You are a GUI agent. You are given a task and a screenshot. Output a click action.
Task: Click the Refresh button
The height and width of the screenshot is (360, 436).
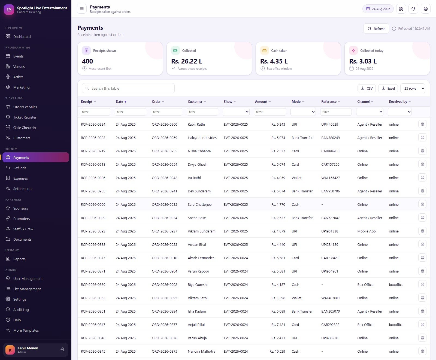click(x=376, y=29)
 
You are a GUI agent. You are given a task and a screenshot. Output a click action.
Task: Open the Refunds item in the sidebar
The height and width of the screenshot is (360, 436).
click(x=20, y=168)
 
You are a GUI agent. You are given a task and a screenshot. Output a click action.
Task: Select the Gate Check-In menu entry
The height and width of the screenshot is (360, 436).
click(x=25, y=128)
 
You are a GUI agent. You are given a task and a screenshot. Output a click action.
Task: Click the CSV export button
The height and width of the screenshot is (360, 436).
click(x=367, y=88)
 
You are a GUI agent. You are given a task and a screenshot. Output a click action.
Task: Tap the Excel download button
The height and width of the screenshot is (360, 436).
click(x=388, y=88)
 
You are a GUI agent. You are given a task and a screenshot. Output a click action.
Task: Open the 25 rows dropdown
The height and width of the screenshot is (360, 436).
click(x=413, y=88)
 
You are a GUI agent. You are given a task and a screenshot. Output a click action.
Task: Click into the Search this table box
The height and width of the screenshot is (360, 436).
click(x=128, y=88)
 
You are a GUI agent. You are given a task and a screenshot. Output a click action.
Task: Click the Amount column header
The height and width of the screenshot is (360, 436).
click(x=261, y=102)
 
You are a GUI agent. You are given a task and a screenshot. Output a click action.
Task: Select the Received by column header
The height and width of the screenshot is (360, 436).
click(x=398, y=102)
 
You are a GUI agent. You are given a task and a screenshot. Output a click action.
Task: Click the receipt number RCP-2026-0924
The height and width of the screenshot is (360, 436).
click(x=93, y=124)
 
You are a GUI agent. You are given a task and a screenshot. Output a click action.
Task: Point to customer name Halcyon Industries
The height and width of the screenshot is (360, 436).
click(x=202, y=138)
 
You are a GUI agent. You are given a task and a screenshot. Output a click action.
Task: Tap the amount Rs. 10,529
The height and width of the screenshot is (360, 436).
click(x=277, y=351)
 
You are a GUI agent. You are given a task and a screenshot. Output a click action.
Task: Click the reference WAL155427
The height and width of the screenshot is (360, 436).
click(x=331, y=178)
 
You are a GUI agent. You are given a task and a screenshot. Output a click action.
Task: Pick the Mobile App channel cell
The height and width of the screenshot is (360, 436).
click(x=367, y=231)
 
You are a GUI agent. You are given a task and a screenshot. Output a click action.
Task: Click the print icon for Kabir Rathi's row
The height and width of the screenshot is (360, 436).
click(x=422, y=124)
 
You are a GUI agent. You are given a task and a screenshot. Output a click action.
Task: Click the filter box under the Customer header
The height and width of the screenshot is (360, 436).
click(x=202, y=112)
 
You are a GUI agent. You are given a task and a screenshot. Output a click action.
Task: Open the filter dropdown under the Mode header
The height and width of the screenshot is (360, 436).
click(x=303, y=112)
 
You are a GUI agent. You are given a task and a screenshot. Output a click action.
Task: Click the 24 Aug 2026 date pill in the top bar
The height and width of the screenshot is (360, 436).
click(x=378, y=9)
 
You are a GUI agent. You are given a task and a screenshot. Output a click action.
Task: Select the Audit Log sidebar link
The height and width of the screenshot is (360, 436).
click(x=21, y=310)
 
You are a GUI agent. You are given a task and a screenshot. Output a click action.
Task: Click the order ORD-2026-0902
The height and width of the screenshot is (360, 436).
click(x=164, y=285)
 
